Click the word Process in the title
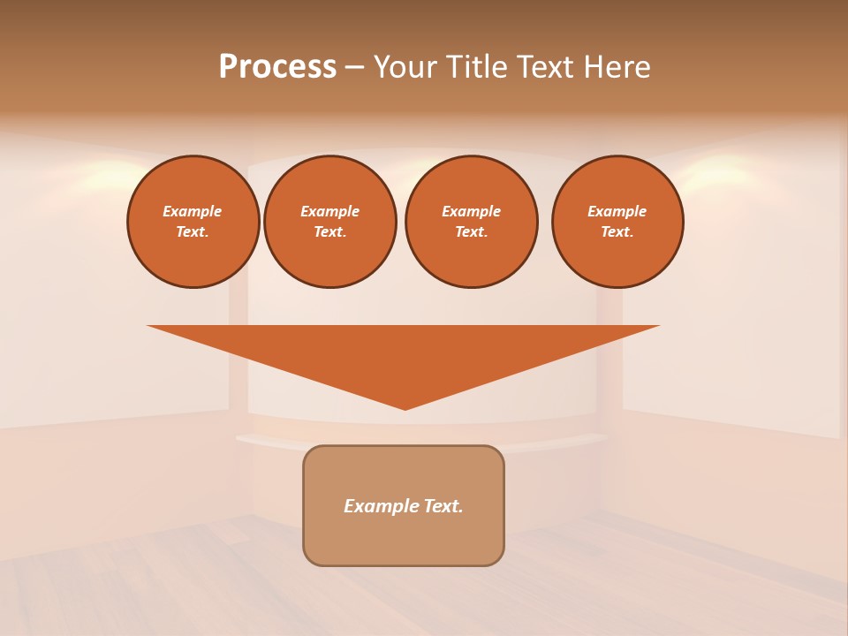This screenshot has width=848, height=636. pos(277,67)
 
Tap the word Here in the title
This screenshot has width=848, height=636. pos(613,67)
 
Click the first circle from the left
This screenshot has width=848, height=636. pos(193,222)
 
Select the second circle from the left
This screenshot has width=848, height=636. pos(330,222)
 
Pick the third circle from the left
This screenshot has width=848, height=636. pos(472,222)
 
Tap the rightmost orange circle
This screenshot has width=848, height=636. pos(617,222)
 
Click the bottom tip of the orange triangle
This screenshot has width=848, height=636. pos(405,407)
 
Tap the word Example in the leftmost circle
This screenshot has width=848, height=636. pos(193,211)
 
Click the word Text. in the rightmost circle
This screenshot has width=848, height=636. pos(617,231)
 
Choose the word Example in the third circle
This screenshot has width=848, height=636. pos(471,211)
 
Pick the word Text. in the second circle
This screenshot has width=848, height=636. pos(330,231)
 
